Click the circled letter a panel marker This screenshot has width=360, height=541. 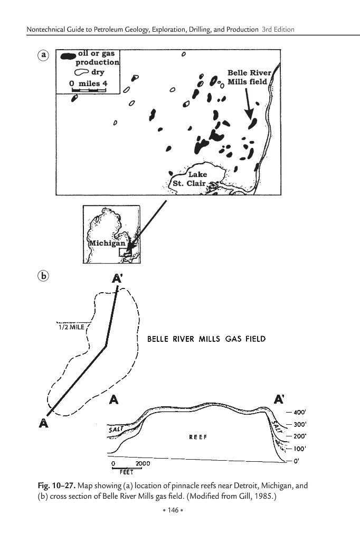pyautogui.click(x=43, y=55)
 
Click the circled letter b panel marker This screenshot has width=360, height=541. pyautogui.click(x=43, y=276)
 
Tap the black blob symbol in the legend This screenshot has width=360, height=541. pyautogui.click(x=68, y=56)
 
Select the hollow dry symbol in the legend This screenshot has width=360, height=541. pyautogui.click(x=81, y=72)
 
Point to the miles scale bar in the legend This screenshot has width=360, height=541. pyautogui.click(x=89, y=90)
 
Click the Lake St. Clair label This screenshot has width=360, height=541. pyautogui.click(x=193, y=179)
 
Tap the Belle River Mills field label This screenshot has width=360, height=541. pyautogui.click(x=249, y=77)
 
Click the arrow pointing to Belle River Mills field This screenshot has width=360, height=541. pyautogui.click(x=248, y=104)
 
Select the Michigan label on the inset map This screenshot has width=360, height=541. pyautogui.click(x=107, y=243)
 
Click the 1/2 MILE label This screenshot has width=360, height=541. pyautogui.click(x=71, y=327)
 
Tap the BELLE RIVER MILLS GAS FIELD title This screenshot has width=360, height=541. pyautogui.click(x=206, y=339)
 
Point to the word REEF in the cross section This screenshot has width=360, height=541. pyautogui.click(x=198, y=437)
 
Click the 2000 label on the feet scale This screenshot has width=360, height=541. pyautogui.click(x=143, y=463)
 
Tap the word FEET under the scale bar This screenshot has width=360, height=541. pyautogui.click(x=127, y=472)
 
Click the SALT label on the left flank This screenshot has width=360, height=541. pyautogui.click(x=116, y=429)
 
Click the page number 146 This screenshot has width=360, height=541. pyautogui.click(x=173, y=510)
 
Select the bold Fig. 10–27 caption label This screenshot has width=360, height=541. pyautogui.click(x=56, y=486)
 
